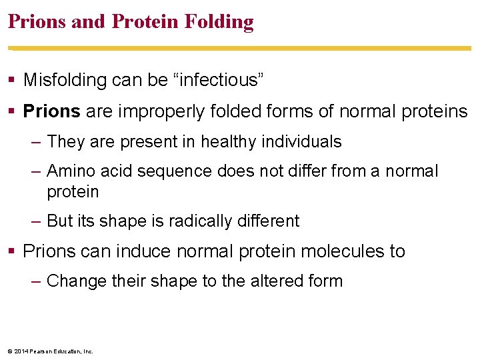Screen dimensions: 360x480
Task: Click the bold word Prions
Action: (52, 111)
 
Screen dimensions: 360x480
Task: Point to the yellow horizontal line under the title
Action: (240, 49)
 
